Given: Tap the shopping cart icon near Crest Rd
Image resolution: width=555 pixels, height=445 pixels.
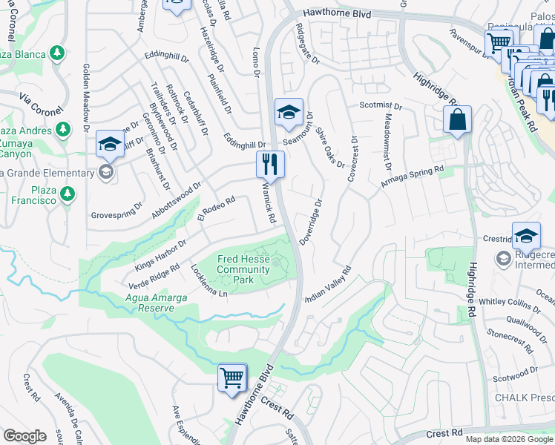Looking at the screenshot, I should click(232, 377).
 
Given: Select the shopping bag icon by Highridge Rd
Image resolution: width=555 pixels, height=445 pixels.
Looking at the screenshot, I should click(457, 119).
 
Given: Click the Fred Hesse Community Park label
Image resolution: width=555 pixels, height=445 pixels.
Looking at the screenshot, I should click(243, 269).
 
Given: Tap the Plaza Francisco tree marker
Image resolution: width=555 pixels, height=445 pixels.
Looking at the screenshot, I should click(68, 194).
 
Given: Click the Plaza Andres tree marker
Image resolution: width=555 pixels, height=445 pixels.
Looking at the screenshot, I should click(64, 130).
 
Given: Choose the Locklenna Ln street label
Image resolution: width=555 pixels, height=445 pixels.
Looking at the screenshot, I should click(208, 281).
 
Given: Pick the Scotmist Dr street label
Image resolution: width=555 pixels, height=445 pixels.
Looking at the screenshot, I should click(381, 106).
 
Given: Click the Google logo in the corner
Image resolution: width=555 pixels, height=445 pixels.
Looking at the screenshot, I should click(24, 435).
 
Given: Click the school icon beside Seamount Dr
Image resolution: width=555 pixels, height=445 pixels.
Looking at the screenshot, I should click(289, 112).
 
